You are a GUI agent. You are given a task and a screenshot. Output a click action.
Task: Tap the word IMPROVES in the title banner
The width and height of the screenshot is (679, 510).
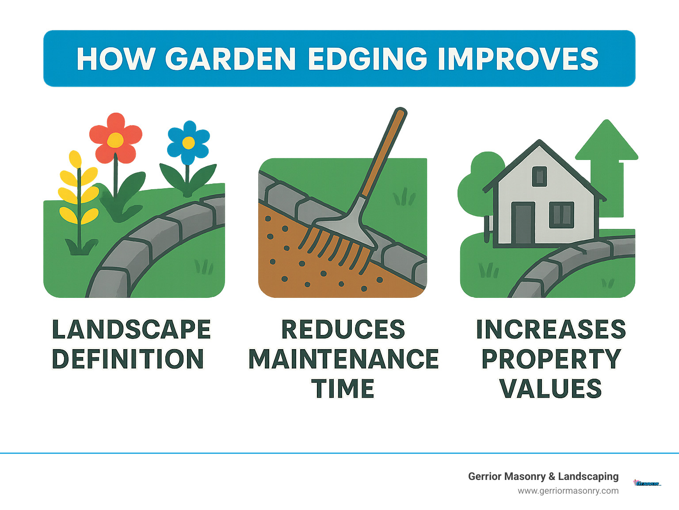(518, 59)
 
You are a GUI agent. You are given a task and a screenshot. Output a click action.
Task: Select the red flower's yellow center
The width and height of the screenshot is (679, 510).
(115, 140)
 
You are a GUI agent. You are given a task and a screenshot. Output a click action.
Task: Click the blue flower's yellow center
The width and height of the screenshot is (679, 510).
(188, 143)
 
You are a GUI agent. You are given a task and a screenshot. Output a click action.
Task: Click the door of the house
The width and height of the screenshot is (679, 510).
(523, 223)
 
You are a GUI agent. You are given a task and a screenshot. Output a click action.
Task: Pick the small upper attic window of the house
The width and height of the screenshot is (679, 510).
(539, 176)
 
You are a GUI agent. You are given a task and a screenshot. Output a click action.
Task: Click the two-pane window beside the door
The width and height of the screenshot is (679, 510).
(561, 215)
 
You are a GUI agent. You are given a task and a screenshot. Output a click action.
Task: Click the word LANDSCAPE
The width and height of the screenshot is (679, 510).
(131, 330)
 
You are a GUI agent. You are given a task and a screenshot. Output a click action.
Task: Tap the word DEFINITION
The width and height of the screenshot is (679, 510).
(128, 359)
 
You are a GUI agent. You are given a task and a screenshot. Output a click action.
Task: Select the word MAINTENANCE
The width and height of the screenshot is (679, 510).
(343, 359)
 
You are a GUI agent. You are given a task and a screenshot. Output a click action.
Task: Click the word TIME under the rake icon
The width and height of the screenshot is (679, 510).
(343, 389)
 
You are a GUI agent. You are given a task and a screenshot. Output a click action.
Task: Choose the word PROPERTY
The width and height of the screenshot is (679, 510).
(551, 359)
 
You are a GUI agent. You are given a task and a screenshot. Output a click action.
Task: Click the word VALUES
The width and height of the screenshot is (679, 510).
(551, 389)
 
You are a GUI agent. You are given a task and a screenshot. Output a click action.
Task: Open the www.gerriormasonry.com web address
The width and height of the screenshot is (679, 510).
(568, 491)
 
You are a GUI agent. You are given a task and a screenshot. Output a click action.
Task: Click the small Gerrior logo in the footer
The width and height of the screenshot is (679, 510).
(647, 483)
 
